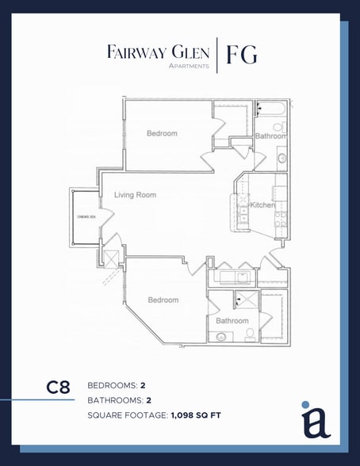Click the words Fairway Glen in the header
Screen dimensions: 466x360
[159, 52]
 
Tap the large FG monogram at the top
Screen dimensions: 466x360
[241, 55]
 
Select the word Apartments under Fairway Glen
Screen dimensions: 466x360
[189, 67]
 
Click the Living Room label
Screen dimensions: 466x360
[135, 195]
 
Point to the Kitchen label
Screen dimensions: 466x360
[262, 205]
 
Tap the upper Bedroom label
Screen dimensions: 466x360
[162, 133]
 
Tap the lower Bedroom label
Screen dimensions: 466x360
[163, 300]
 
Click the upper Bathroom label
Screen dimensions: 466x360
[270, 136]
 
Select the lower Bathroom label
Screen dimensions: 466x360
[232, 321]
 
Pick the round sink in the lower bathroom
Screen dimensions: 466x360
[221, 336]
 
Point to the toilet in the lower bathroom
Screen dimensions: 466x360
[248, 336]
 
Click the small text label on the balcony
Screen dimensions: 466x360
[86, 216]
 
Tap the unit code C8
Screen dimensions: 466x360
[58, 388]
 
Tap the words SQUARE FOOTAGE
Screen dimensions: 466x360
[126, 414]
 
